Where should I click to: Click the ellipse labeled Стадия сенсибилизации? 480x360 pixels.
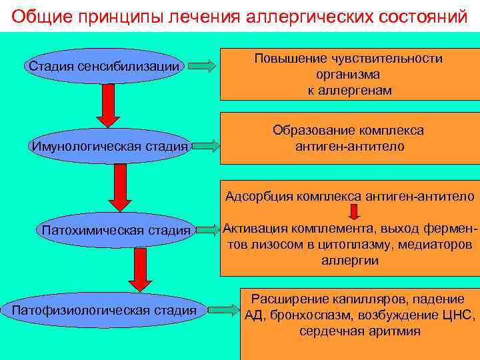[x=105, y=67]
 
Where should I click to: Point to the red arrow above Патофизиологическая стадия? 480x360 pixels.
[x=141, y=270]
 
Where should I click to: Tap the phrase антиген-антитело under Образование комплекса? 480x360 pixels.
[x=349, y=145]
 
